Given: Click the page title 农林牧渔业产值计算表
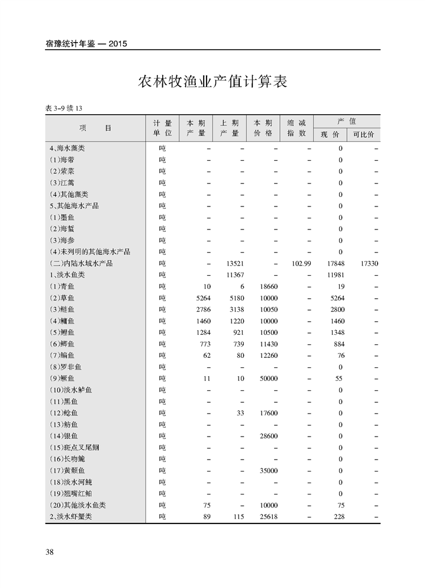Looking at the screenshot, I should point(212,82).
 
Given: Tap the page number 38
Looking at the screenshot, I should point(50,552).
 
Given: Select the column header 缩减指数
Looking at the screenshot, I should point(297,128).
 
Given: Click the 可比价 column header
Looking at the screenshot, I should point(363,134).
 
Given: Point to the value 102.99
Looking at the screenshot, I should point(301,263).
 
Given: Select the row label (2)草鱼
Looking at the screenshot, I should point(63,298).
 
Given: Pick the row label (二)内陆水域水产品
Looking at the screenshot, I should point(81,263).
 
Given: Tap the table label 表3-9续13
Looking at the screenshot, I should point(63,108).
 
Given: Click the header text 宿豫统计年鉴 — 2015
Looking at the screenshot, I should point(86,44).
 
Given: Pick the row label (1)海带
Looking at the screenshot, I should point(63,160).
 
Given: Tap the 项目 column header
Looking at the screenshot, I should point(95,128).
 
